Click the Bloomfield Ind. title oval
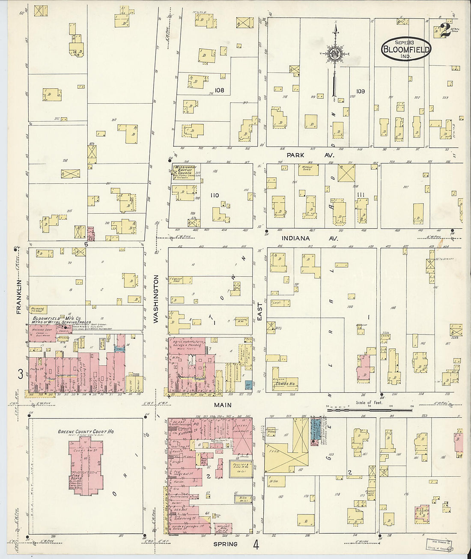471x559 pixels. [x=405, y=49]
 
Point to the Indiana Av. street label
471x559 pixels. [x=310, y=238]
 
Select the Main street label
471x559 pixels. [x=223, y=405]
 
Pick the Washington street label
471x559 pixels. [x=156, y=299]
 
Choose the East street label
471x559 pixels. [x=259, y=310]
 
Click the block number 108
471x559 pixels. [x=220, y=90]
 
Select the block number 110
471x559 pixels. [x=215, y=195]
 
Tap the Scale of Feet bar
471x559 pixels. [x=369, y=410]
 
